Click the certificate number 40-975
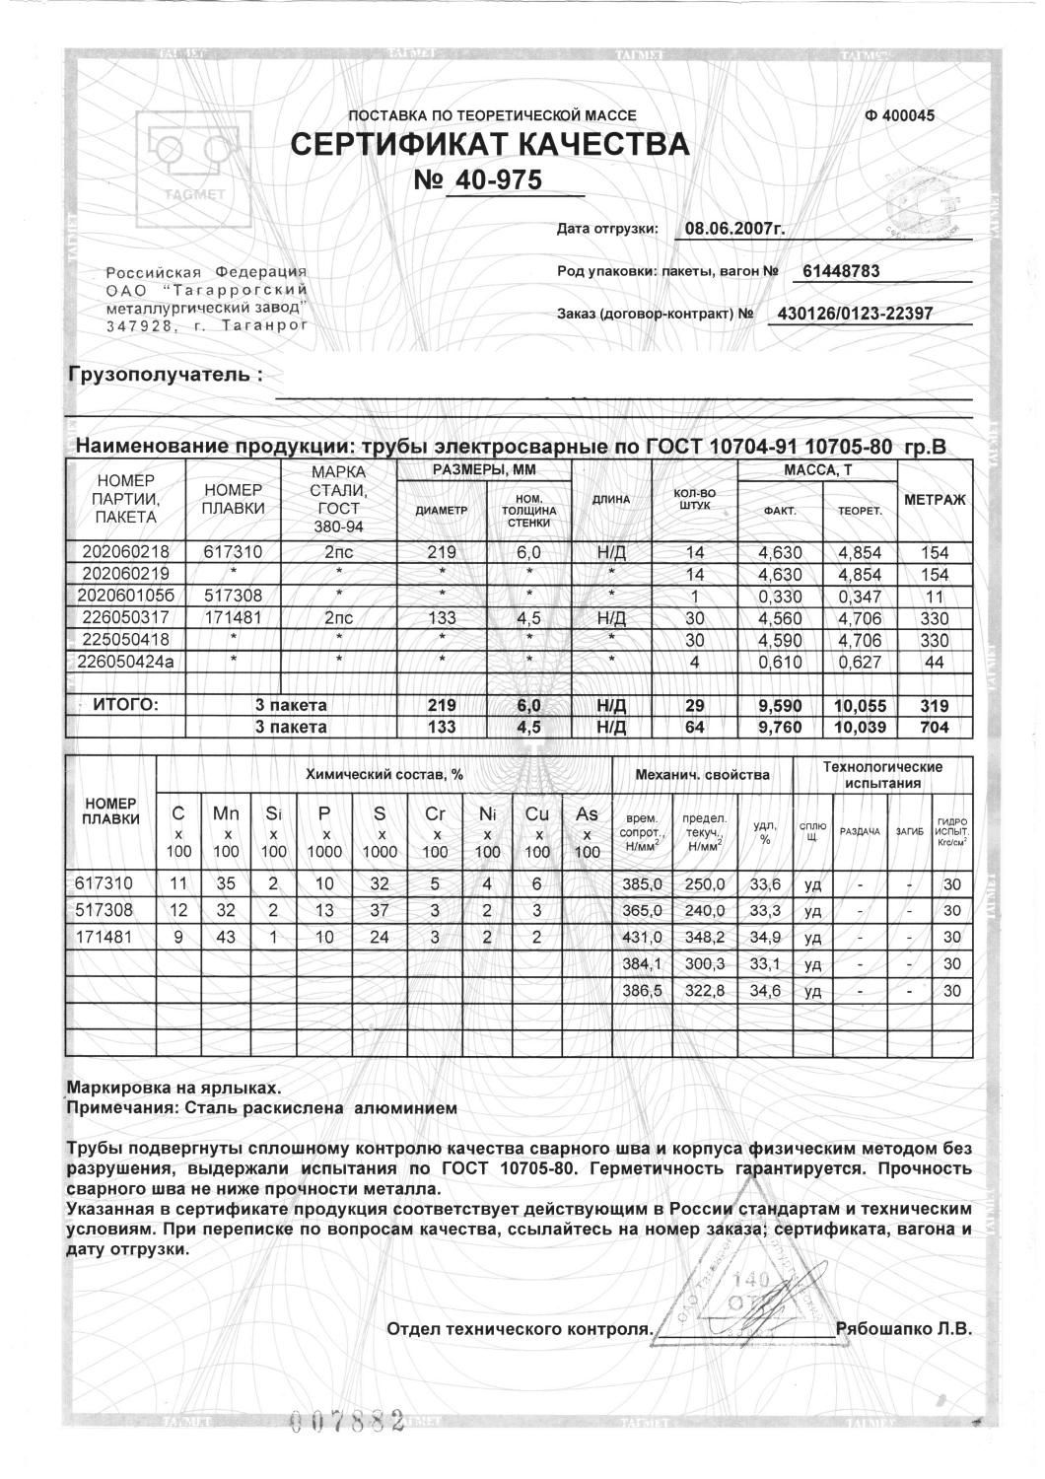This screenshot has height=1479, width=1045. [x=495, y=182]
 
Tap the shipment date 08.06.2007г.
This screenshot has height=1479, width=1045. [x=733, y=229]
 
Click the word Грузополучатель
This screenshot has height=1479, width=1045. [x=166, y=376]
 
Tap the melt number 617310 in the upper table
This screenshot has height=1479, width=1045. [x=233, y=552]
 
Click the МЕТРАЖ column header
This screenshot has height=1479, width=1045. [x=934, y=500]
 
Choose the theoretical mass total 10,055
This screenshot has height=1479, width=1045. [x=860, y=706]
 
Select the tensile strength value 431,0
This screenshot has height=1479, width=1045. [x=641, y=938]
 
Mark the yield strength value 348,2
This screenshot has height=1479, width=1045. [x=705, y=938]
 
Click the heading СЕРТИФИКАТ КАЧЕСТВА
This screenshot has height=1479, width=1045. [x=490, y=145]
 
